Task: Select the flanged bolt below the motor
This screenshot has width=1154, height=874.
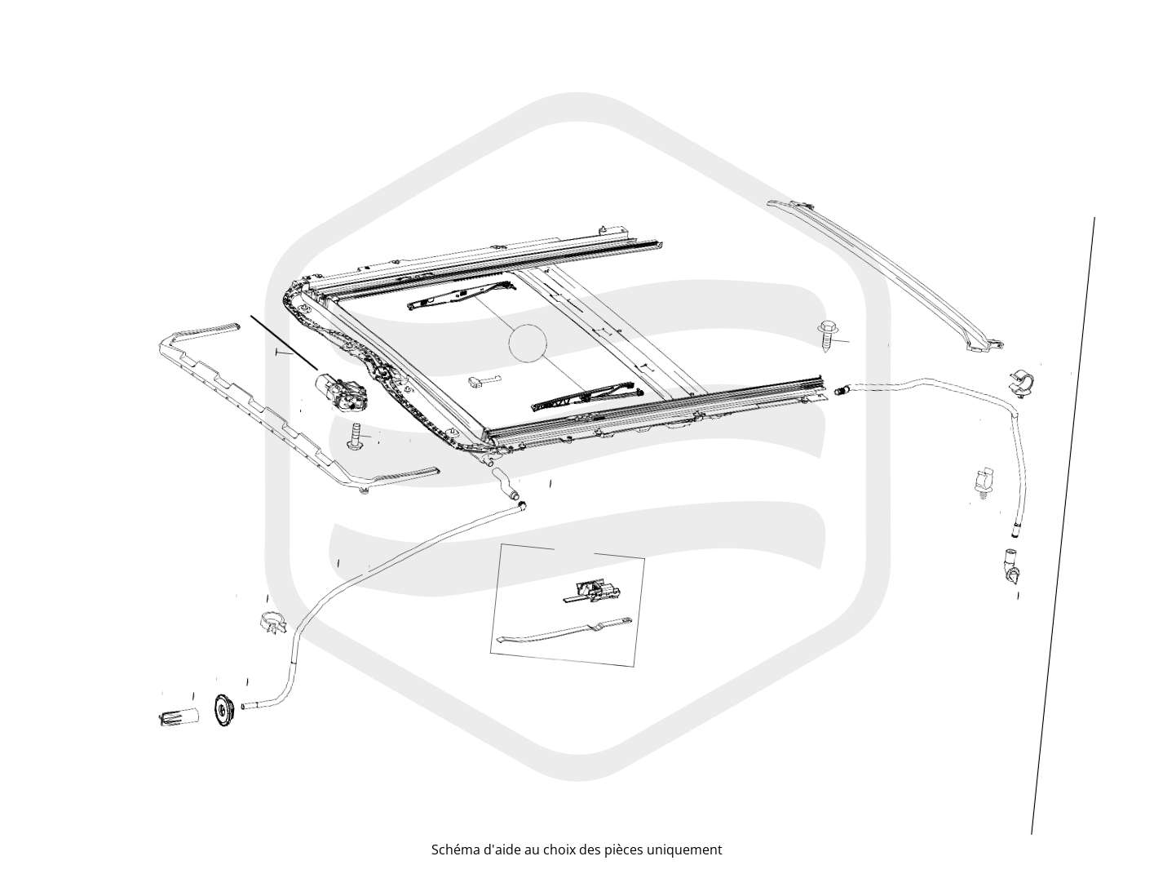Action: (x=356, y=437)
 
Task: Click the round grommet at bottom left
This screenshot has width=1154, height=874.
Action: (x=224, y=711)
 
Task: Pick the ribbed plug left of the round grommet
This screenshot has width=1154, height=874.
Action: (x=179, y=717)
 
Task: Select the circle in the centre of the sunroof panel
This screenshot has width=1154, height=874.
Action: (x=528, y=343)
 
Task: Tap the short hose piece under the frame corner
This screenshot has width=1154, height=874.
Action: (x=506, y=483)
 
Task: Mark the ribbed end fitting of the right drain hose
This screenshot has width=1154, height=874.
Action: (x=841, y=390)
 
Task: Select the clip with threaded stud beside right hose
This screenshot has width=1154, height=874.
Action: (x=981, y=482)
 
